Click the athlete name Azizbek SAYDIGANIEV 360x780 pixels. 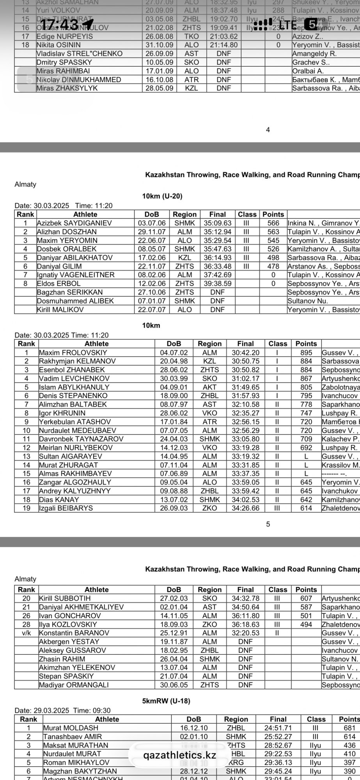[x=74, y=223]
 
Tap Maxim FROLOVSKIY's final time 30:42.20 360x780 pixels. [x=245, y=353]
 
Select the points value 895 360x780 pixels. [x=306, y=353]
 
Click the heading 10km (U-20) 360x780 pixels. [x=162, y=196]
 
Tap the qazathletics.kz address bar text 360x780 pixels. [x=179, y=755]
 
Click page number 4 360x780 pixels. [x=268, y=130]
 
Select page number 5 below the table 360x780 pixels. [x=268, y=524]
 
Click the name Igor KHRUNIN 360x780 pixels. [x=62, y=413]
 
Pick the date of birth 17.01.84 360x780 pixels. [x=174, y=422]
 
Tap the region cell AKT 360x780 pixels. [x=209, y=387]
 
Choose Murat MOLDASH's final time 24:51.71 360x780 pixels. [x=278, y=728]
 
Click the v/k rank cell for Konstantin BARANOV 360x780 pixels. [x=26, y=633]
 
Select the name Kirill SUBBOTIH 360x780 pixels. [x=64, y=598]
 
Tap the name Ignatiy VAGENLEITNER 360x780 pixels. [x=76, y=275]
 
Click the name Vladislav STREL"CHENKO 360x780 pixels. [x=79, y=54]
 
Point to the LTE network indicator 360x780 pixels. [x=288, y=25]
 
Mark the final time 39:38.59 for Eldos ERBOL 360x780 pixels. [x=217, y=284]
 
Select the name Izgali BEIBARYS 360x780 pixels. [x=66, y=508]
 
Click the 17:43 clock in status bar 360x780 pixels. [x=60, y=25]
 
